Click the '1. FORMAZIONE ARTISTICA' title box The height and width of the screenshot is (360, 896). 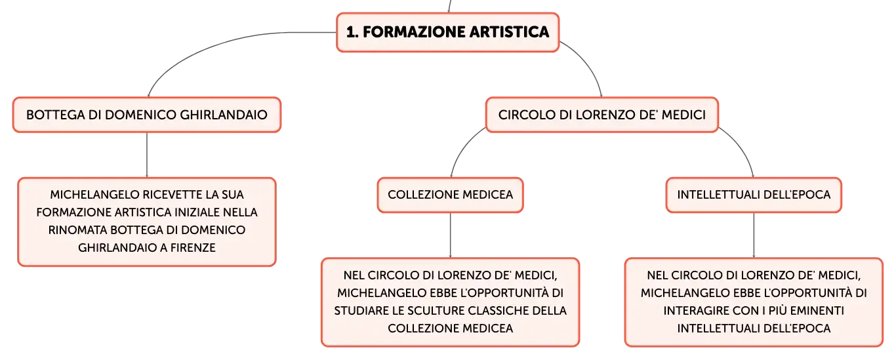tap(447, 32)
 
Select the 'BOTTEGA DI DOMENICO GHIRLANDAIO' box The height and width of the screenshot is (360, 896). tap(147, 115)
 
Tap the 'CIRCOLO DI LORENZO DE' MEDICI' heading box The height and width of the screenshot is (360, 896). tap(602, 115)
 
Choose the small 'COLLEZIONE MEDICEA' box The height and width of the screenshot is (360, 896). tap(451, 195)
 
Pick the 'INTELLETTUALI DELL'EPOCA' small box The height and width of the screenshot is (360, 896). tap(754, 195)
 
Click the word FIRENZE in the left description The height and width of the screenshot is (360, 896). tap(193, 248)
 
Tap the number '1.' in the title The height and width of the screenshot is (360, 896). tap(352, 32)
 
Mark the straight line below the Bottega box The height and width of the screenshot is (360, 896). tap(147, 155)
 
